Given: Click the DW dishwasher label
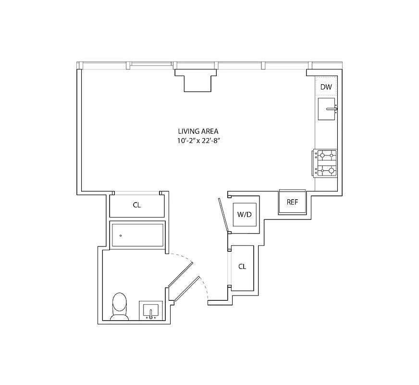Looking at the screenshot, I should [x=326, y=87].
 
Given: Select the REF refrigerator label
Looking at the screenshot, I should [x=292, y=202].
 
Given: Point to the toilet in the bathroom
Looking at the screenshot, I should [x=120, y=307].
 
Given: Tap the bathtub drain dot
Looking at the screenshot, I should [x=120, y=235].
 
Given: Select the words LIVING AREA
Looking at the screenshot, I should [x=198, y=131].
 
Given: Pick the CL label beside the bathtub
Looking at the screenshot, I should [x=137, y=205].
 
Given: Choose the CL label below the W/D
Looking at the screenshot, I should [x=242, y=266].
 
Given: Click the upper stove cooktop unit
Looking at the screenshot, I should [x=327, y=154].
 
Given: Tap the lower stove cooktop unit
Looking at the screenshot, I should [x=327, y=169].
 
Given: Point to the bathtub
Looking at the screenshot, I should [x=138, y=235].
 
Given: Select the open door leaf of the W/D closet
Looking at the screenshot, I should [x=222, y=215].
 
